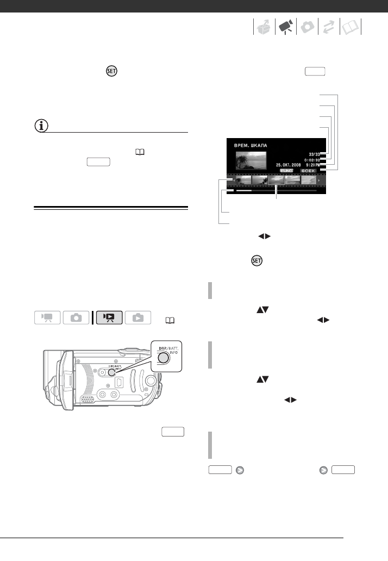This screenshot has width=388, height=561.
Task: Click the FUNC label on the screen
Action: point(287,171)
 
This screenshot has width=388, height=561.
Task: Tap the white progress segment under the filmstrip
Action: point(243,191)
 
